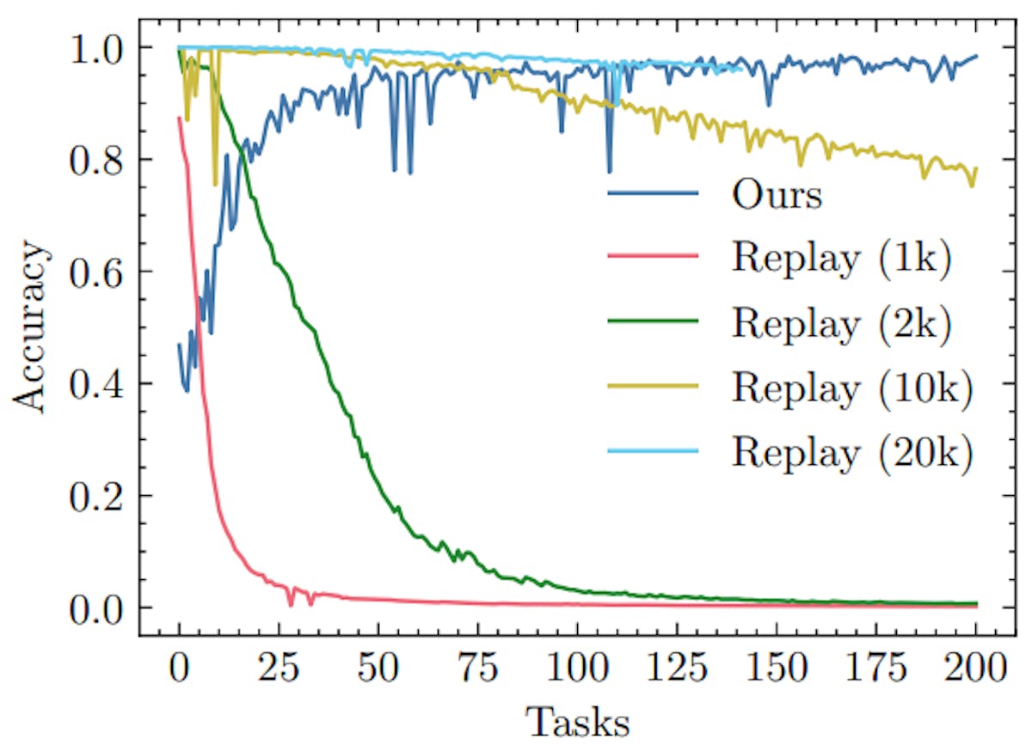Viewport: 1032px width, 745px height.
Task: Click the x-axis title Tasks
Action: [x=577, y=720]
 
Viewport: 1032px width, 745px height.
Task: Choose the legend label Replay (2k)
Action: [x=841, y=324]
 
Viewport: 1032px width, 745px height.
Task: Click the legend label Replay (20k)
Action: [x=851, y=453]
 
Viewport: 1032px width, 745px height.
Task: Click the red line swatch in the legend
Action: [x=652, y=257]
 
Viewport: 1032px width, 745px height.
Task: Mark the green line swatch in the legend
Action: [x=652, y=322]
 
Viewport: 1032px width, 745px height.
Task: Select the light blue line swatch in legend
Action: [x=652, y=452]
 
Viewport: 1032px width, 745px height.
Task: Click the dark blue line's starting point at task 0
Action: [x=179, y=345]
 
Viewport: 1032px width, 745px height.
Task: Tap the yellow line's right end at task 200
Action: [x=977, y=168]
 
